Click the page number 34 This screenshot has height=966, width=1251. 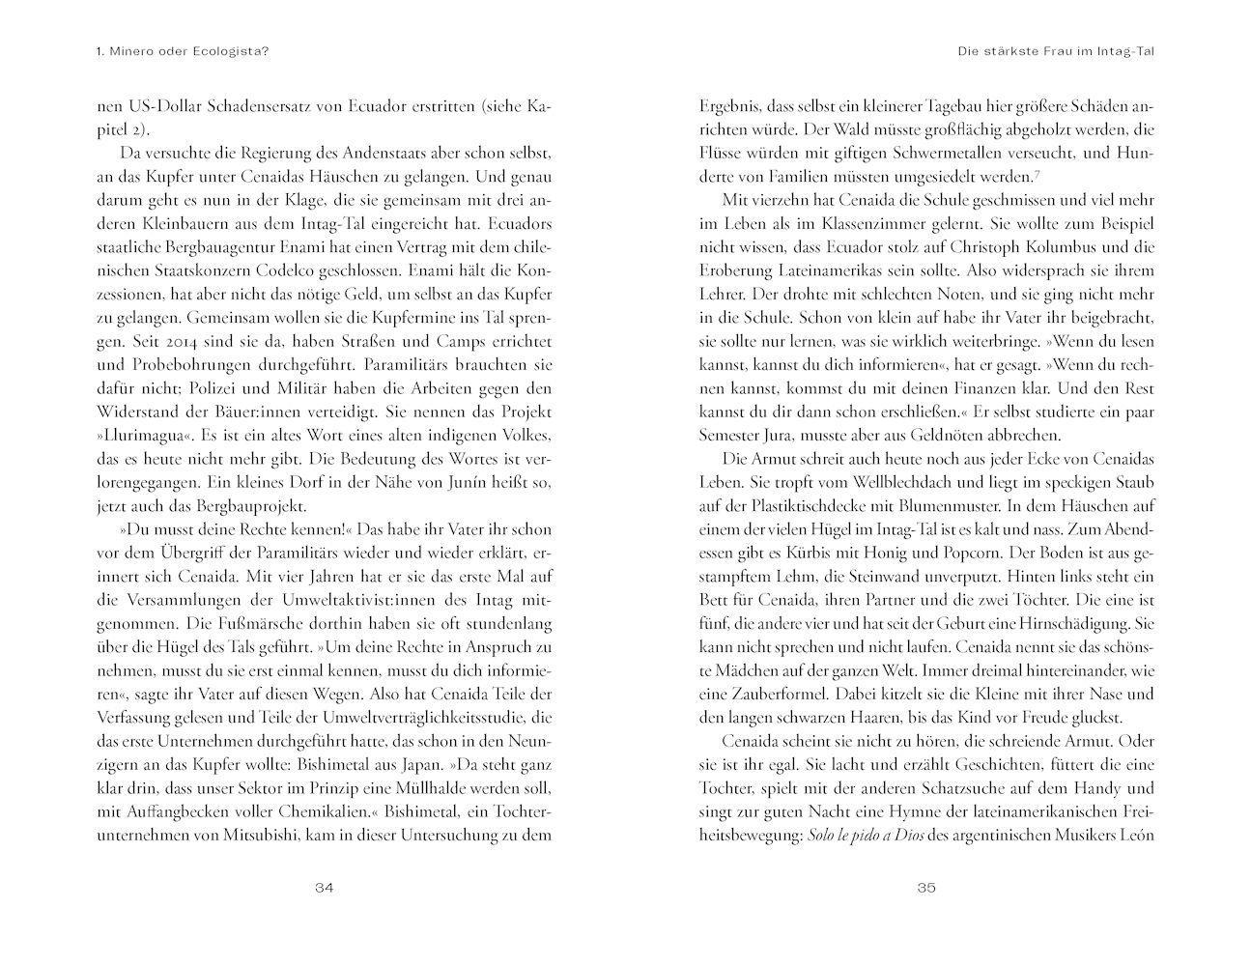pyautogui.click(x=324, y=890)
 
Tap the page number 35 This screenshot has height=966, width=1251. pyautogui.click(x=925, y=890)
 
